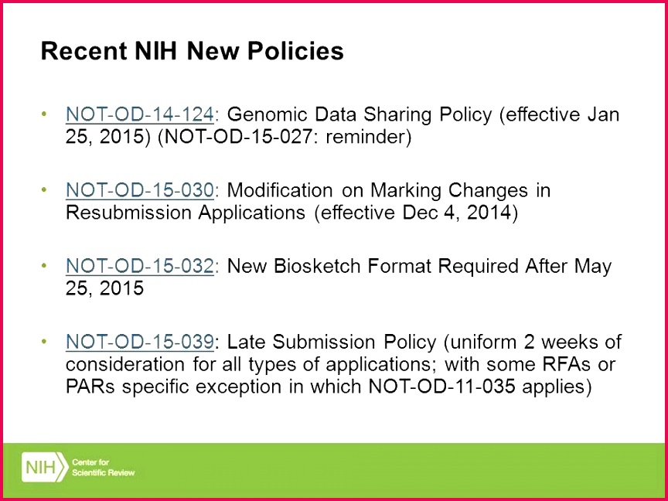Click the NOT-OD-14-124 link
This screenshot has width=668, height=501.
click(x=139, y=114)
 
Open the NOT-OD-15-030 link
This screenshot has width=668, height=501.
click(x=139, y=190)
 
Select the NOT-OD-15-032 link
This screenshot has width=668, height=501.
click(x=139, y=266)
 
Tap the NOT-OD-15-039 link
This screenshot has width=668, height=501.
click(x=139, y=342)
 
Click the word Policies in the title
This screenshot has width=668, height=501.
click(x=295, y=51)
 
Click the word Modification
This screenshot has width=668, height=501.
click(x=279, y=190)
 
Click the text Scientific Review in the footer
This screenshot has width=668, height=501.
click(x=103, y=473)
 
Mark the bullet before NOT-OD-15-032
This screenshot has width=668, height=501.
click(x=43, y=266)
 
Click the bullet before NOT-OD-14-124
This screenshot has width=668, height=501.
click(x=43, y=114)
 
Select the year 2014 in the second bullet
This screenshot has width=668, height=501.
click(x=489, y=213)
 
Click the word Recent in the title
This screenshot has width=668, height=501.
click(x=83, y=51)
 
